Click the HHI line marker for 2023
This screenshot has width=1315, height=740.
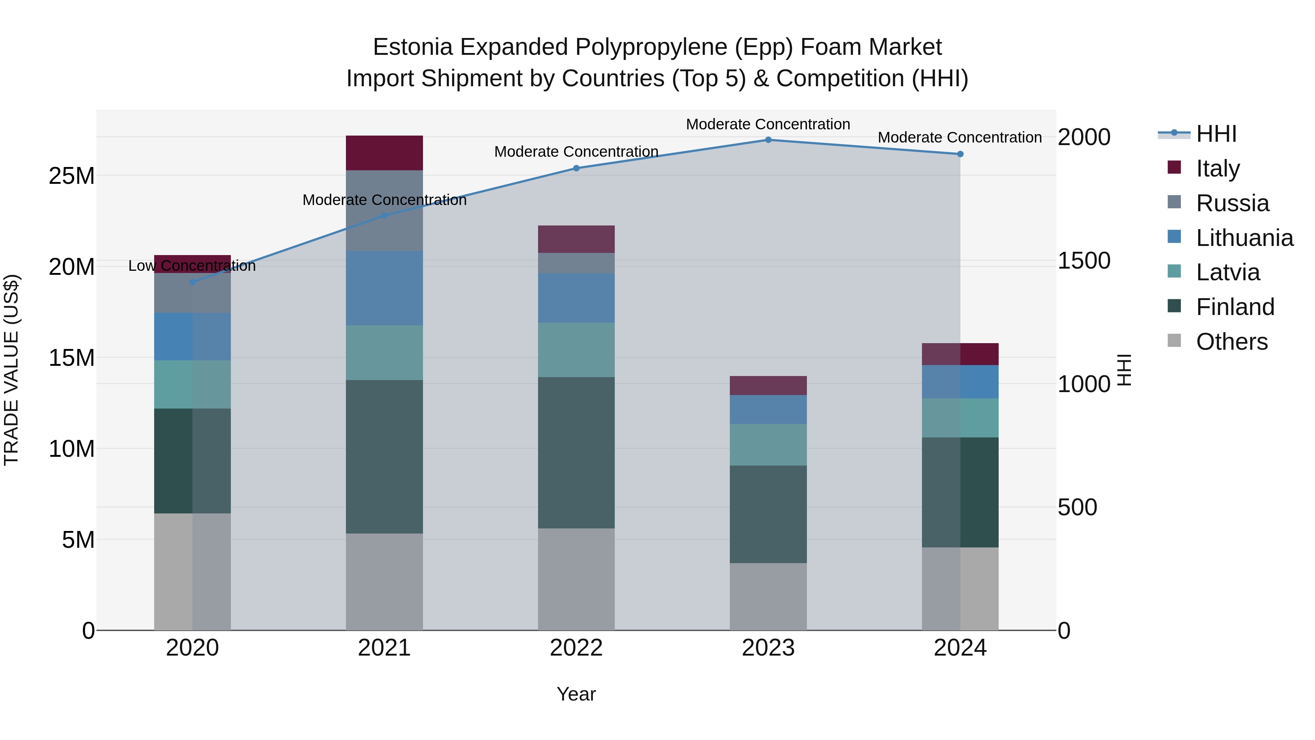tap(768, 140)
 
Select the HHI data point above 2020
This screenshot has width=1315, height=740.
tap(193, 282)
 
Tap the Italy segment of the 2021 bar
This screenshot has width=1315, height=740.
tap(384, 153)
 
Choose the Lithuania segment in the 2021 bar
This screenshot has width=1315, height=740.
tap(384, 288)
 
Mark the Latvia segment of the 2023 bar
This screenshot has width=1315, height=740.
tap(768, 444)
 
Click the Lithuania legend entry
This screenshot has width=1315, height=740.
tap(1244, 238)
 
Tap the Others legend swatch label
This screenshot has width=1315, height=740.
tap(1231, 342)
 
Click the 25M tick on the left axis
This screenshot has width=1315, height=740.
tap(72, 176)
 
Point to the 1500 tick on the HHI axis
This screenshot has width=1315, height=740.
tap(1084, 261)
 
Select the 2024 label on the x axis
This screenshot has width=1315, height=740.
tap(960, 648)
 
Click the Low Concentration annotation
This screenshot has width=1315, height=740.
tap(192, 266)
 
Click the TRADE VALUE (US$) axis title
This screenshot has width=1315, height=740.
tap(11, 370)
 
